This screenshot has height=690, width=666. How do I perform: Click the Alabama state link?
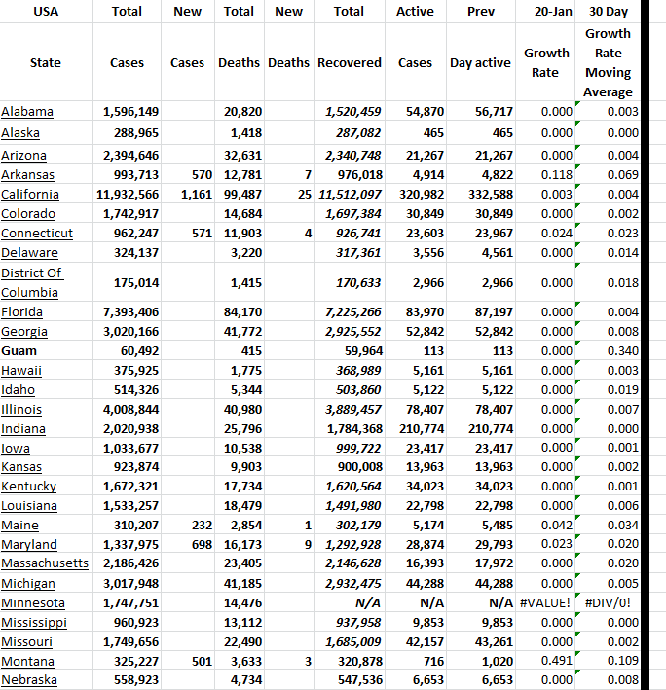pyautogui.click(x=27, y=112)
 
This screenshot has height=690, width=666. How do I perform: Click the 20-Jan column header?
pyautogui.click(x=552, y=12)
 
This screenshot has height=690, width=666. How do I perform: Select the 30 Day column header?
pyautogui.click(x=610, y=12)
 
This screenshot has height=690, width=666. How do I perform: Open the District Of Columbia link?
pyautogui.click(x=32, y=282)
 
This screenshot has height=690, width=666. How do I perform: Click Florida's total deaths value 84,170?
pyautogui.click(x=242, y=311)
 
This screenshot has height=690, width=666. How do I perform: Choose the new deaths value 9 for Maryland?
pyautogui.click(x=308, y=544)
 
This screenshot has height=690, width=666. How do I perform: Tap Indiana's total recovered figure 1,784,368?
pyautogui.click(x=350, y=428)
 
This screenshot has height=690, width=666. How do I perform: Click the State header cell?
pyautogui.click(x=45, y=62)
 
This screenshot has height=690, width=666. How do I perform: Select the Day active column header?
pyautogui.click(x=480, y=62)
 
